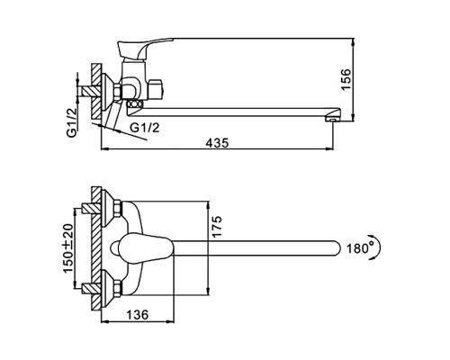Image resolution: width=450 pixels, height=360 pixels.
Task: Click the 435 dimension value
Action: (x=217, y=143)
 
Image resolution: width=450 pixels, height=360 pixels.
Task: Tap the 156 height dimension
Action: (x=346, y=79)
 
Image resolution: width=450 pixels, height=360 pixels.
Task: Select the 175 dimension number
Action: (x=217, y=227)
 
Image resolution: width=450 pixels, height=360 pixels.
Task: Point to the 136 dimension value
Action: (x=137, y=315)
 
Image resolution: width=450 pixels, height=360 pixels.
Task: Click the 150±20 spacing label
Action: (x=68, y=248)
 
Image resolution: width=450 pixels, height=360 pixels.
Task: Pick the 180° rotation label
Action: (x=358, y=248)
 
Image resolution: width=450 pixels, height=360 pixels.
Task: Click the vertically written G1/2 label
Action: (x=72, y=122)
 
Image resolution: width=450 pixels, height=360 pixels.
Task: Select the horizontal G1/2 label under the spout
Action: (x=145, y=128)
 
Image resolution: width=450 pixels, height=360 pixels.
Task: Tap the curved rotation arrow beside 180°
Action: (x=378, y=248)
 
